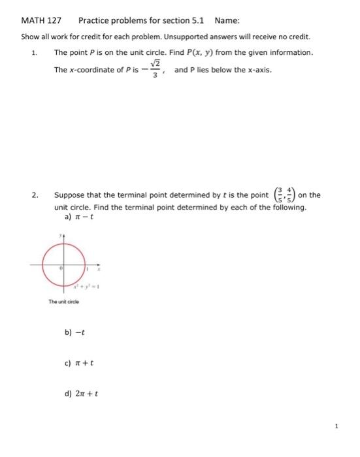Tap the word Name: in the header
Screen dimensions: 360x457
pyautogui.click(x=226, y=21)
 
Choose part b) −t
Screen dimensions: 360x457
pyautogui.click(x=73, y=332)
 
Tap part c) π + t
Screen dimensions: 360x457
pyautogui.click(x=76, y=362)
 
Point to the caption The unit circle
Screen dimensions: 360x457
pyautogui.click(x=63, y=301)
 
